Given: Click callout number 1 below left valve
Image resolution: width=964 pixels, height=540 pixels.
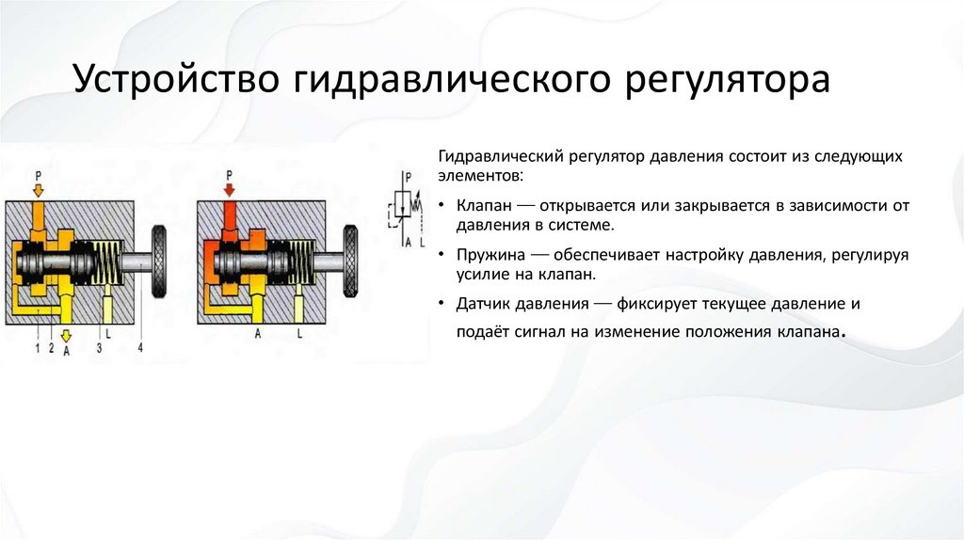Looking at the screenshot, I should tap(37, 349).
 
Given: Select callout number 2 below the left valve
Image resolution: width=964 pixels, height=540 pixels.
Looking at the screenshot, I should tap(52, 349).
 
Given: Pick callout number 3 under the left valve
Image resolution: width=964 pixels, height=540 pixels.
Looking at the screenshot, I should tap(100, 349).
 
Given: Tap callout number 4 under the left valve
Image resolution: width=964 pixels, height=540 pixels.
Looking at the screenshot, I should tap(140, 349).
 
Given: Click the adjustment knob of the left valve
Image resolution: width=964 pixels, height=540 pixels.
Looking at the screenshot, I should tap(160, 259).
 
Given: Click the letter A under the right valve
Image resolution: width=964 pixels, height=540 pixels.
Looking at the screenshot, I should tap(257, 333).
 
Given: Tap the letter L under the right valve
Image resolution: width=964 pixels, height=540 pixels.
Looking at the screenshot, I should tap(299, 333).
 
